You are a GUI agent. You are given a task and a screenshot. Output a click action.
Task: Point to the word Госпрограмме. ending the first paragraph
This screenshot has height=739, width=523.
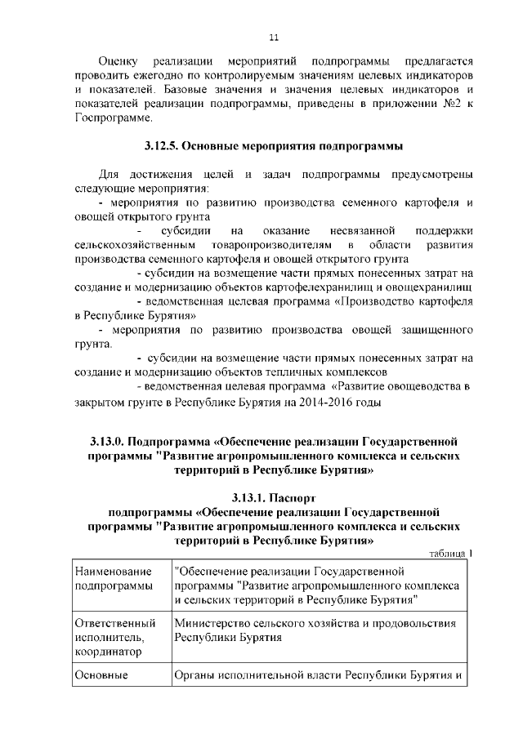111,118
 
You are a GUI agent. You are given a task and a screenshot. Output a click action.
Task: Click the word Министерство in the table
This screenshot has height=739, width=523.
216,624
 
